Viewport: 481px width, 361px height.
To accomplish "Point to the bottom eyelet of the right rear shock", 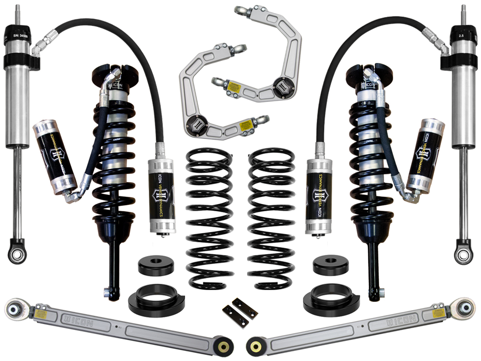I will click(463, 253).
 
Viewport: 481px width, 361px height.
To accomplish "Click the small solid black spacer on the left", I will click(155, 266).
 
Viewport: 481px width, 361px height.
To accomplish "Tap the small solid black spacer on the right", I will click(331, 265).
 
